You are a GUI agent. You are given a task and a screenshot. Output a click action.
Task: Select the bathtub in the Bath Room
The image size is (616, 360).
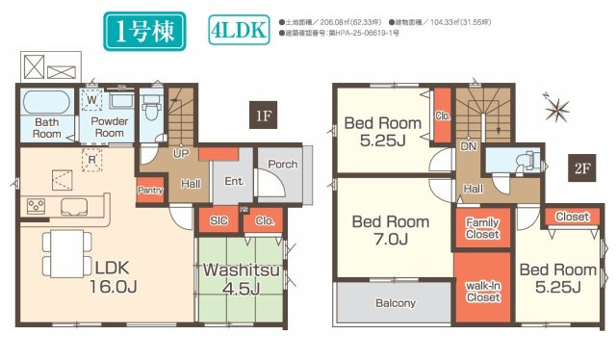tap(46, 101)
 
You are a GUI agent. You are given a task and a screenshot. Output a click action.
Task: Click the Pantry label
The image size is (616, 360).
tap(150, 191)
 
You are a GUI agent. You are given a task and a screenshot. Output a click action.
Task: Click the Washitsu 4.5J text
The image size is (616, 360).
tap(241, 279)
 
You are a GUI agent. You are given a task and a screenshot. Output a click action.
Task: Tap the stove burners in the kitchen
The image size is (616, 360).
tap(36, 204)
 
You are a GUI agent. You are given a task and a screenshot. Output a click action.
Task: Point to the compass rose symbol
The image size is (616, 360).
tap(555, 109)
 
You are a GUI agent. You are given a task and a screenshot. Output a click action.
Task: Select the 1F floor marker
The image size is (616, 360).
tap(264, 116)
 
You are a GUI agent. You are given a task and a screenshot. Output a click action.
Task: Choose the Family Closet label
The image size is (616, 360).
tap(481, 227)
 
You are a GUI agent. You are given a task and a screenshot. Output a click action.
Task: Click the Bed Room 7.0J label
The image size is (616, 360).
tap(390, 229)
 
